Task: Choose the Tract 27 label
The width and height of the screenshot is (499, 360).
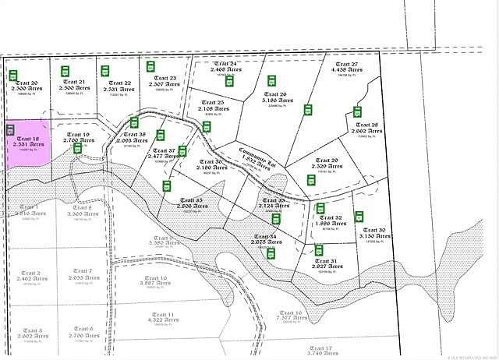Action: (x=344, y=66)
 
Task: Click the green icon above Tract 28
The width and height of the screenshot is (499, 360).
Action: (x=356, y=111)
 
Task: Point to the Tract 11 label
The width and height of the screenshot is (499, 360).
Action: (x=165, y=316)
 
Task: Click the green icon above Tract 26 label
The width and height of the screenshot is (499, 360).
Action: (x=272, y=80)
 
